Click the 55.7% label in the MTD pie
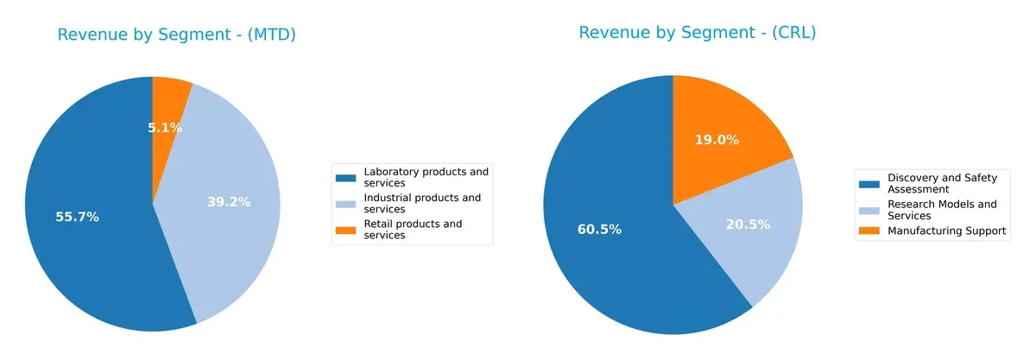coord(77,218)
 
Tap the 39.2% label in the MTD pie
coord(229,202)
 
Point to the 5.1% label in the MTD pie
coord(164,128)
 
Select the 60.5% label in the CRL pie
coord(599,230)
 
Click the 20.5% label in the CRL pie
coord(748,224)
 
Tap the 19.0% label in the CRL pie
coord(717,140)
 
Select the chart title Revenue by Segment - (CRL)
coord(697,34)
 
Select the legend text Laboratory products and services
coord(426,177)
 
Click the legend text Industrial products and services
coord(422,203)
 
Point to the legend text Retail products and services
coord(413,229)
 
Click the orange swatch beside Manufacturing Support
coord(868,231)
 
